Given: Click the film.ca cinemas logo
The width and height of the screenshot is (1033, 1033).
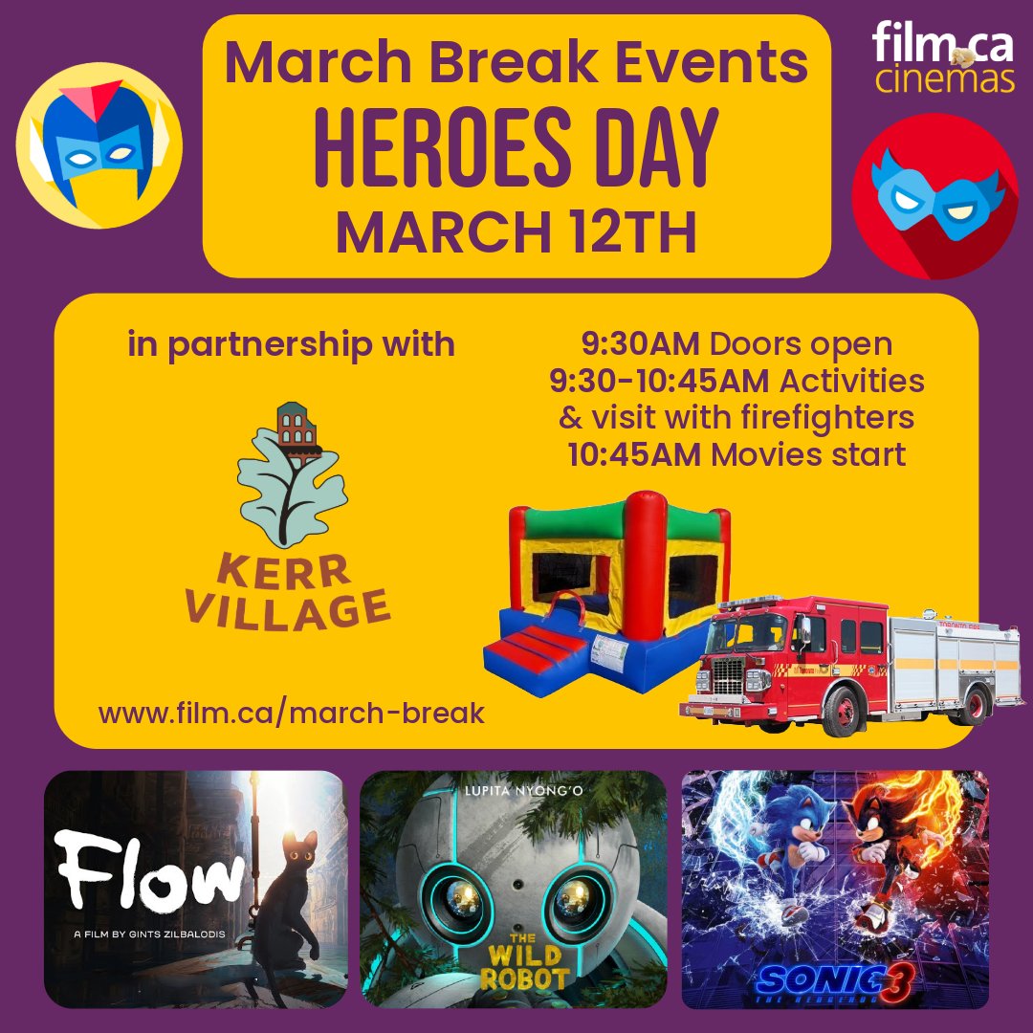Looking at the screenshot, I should coord(943,59).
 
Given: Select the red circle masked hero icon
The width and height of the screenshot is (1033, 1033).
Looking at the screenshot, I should coord(934,196).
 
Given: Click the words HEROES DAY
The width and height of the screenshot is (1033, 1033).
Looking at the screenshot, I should coord(516,152).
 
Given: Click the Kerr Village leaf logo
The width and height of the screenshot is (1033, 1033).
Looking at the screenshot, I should coord(292,473).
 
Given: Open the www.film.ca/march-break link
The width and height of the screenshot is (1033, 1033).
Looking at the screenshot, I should coord(291,712).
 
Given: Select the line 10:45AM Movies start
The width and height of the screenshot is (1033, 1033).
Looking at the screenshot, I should coord(736,454).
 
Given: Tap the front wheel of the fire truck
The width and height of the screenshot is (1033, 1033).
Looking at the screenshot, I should coord(842,713).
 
